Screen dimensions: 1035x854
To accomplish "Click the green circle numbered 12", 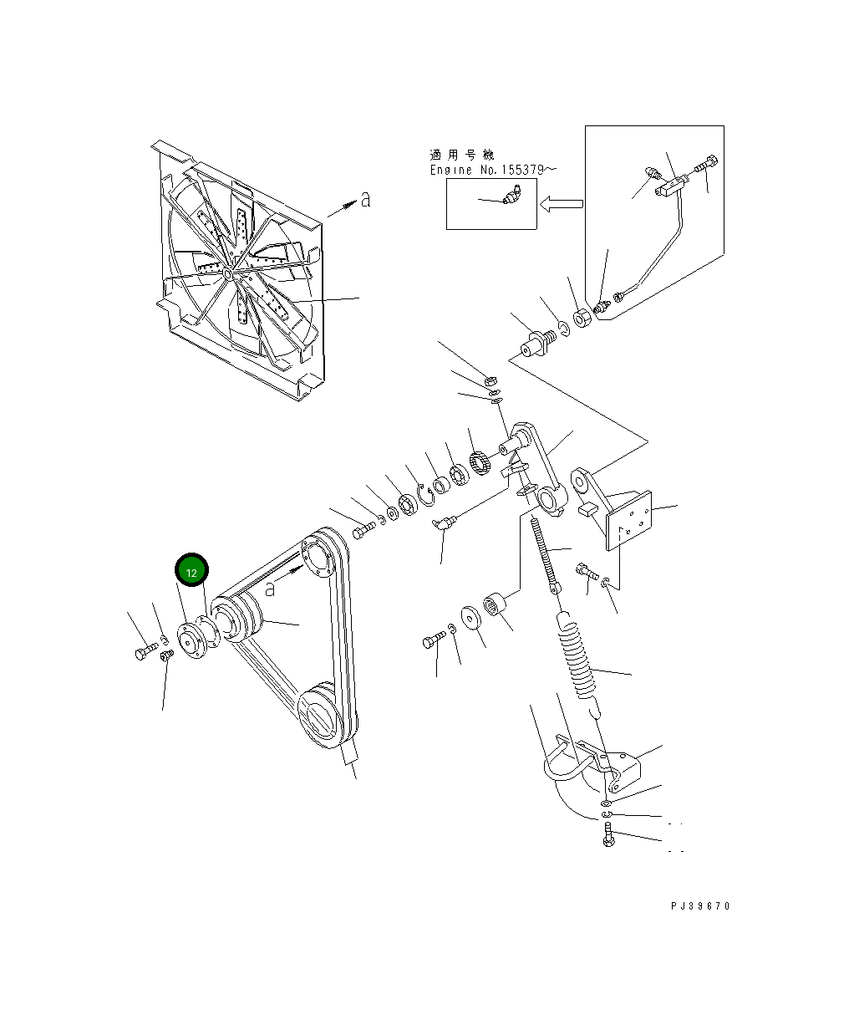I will tap(191, 572).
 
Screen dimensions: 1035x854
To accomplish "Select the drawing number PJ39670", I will tap(699, 906).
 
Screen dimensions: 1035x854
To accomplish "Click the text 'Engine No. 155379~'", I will tap(493, 170).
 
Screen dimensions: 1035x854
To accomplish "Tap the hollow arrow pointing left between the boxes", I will tap(561, 203).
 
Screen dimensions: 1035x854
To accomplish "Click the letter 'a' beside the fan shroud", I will tap(364, 199).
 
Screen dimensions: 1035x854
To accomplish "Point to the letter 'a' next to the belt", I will tap(270, 589).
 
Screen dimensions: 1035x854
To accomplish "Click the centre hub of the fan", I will tap(227, 272).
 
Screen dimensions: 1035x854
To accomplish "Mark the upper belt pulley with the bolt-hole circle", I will tap(318, 558).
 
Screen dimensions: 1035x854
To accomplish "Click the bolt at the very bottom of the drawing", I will tap(608, 834).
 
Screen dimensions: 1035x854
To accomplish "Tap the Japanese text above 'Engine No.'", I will tap(461, 155).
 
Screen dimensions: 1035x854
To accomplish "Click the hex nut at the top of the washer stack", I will tap(492, 381).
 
